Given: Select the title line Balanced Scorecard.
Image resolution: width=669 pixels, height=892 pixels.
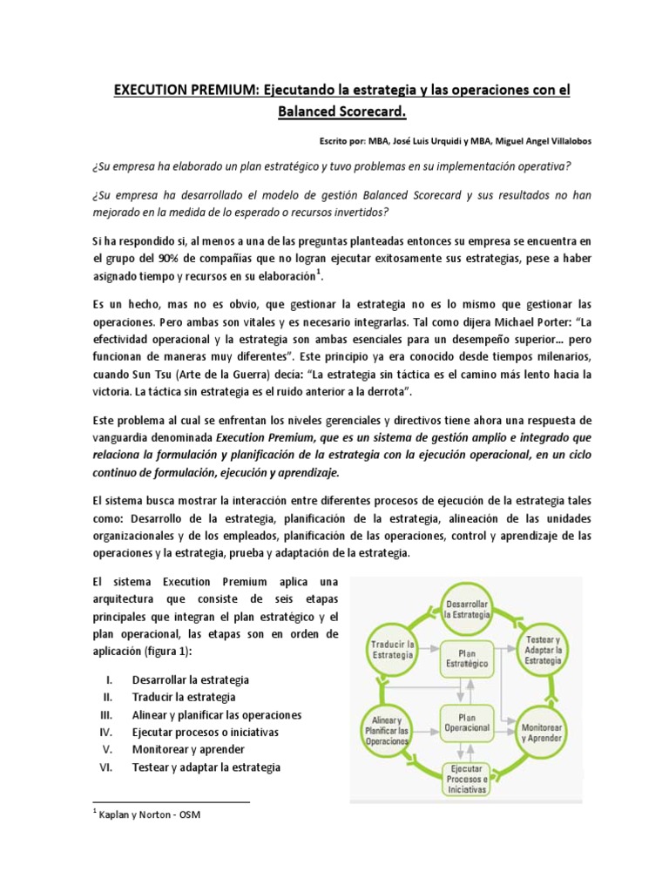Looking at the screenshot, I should coord(334,112).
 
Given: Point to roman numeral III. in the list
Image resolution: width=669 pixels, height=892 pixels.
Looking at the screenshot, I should coord(108,714).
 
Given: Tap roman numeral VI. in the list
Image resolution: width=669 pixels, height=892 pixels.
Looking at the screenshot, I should coord(108,767).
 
